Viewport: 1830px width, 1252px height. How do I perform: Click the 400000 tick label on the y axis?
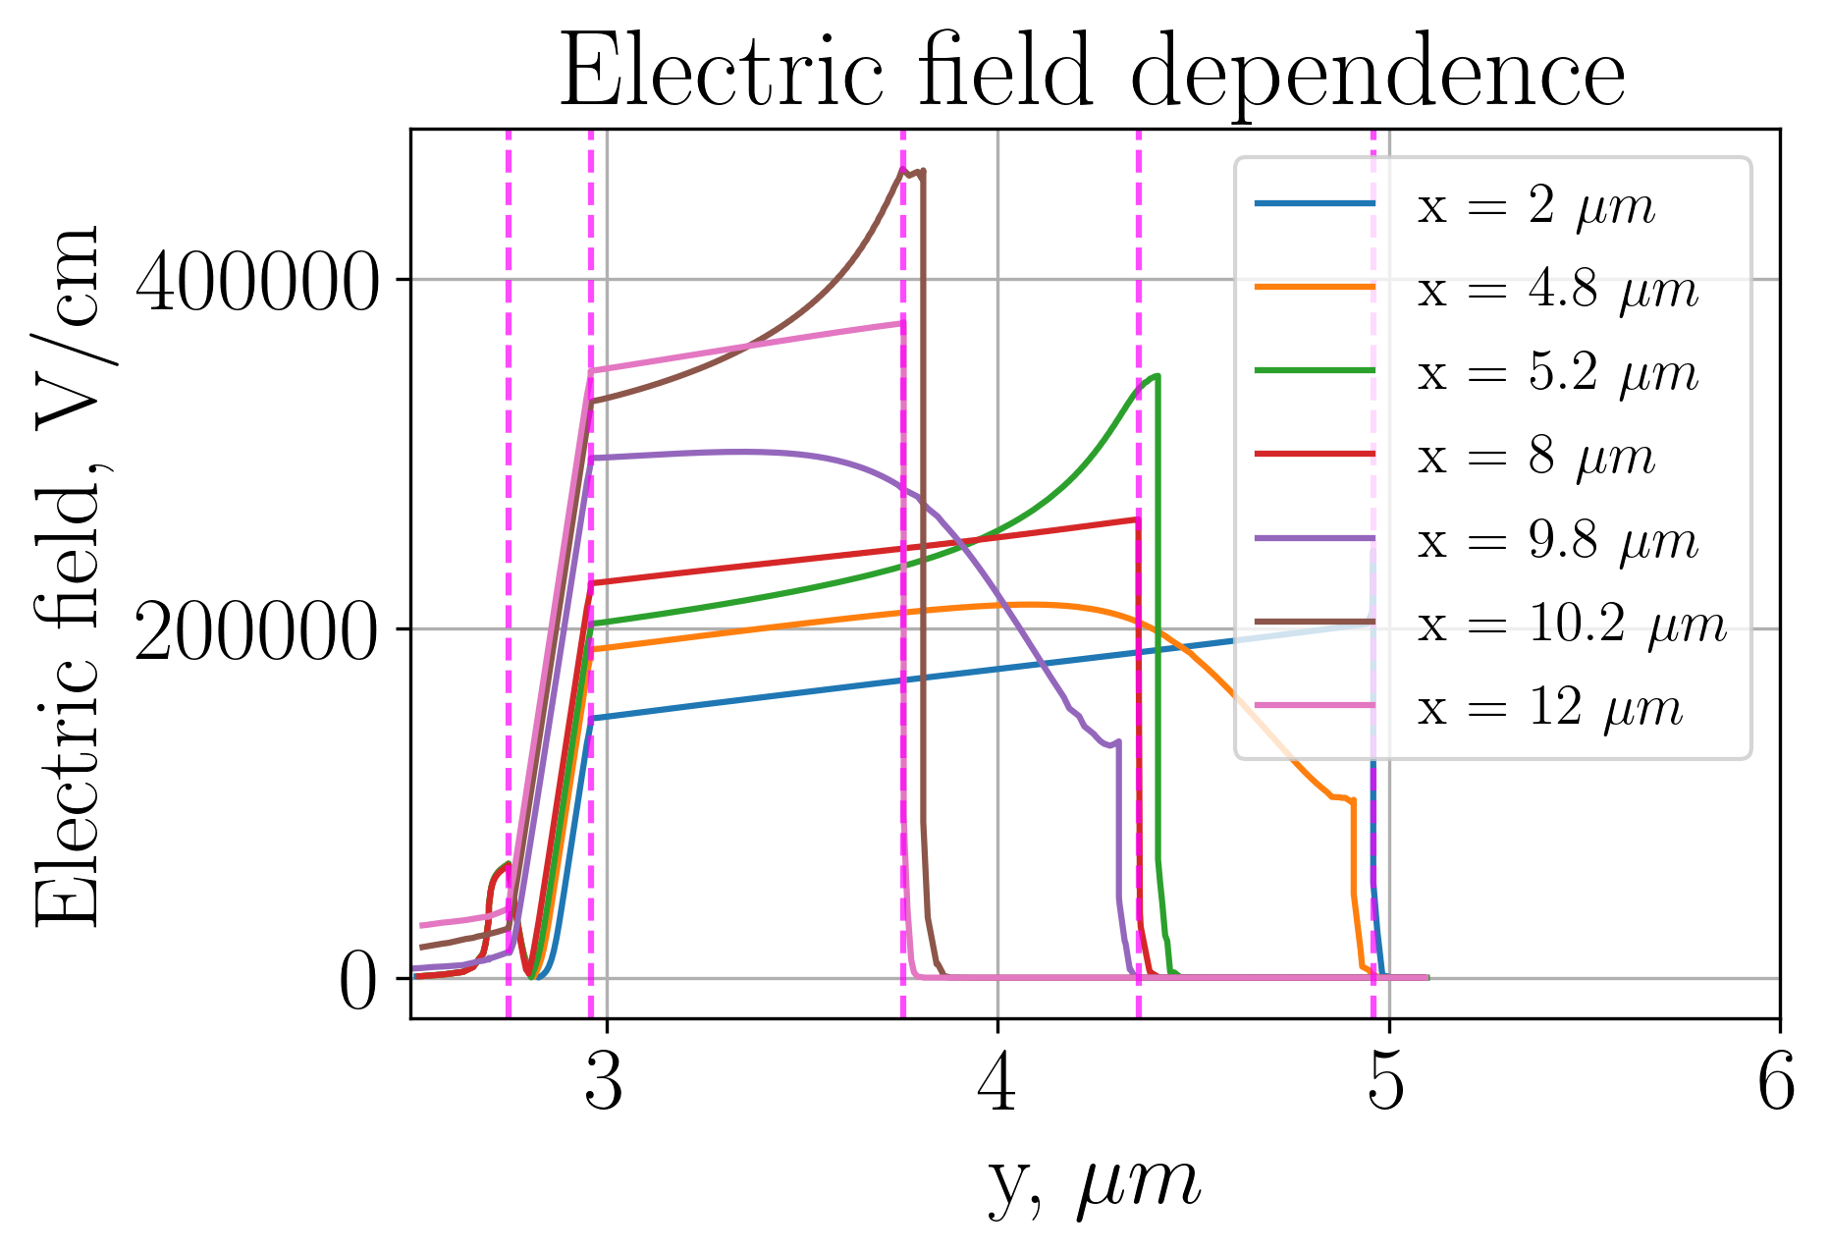(256, 282)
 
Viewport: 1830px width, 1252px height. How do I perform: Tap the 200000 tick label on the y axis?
(256, 630)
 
